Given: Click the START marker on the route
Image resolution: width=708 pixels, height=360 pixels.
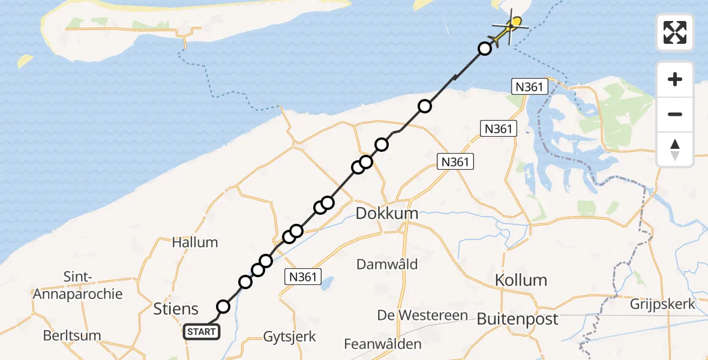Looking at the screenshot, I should coord(202,332).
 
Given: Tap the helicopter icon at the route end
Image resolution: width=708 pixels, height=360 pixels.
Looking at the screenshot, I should coord(510,26).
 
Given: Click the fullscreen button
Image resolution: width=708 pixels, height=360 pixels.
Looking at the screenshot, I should coord(675,32).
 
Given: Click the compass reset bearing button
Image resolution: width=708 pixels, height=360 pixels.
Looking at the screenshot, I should coord(675,149).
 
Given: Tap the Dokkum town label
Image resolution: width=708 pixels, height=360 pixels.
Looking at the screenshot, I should coord(387,213).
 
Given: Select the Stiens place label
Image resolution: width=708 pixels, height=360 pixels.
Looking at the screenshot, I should coord(176,309).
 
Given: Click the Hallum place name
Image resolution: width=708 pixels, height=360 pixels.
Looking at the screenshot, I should coord(195,242).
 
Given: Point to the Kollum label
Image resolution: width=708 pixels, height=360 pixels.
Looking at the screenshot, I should coord(521,280).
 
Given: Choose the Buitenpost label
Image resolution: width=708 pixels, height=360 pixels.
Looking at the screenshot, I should coord(517,319).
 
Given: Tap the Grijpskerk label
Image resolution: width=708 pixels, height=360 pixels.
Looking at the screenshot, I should coord(662,304).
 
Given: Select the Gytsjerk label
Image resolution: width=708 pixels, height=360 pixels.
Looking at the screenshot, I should coord(289,336).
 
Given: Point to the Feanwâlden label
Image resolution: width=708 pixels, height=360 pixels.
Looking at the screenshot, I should coord(383,344).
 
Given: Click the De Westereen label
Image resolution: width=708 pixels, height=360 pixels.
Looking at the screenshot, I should coord(414,314).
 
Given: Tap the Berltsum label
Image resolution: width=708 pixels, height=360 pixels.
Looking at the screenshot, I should coord(72,335).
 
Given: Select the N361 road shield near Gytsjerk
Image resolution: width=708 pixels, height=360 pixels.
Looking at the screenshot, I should coord(304,277).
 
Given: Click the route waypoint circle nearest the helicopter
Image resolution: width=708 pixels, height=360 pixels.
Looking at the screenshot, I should coord(485,49).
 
